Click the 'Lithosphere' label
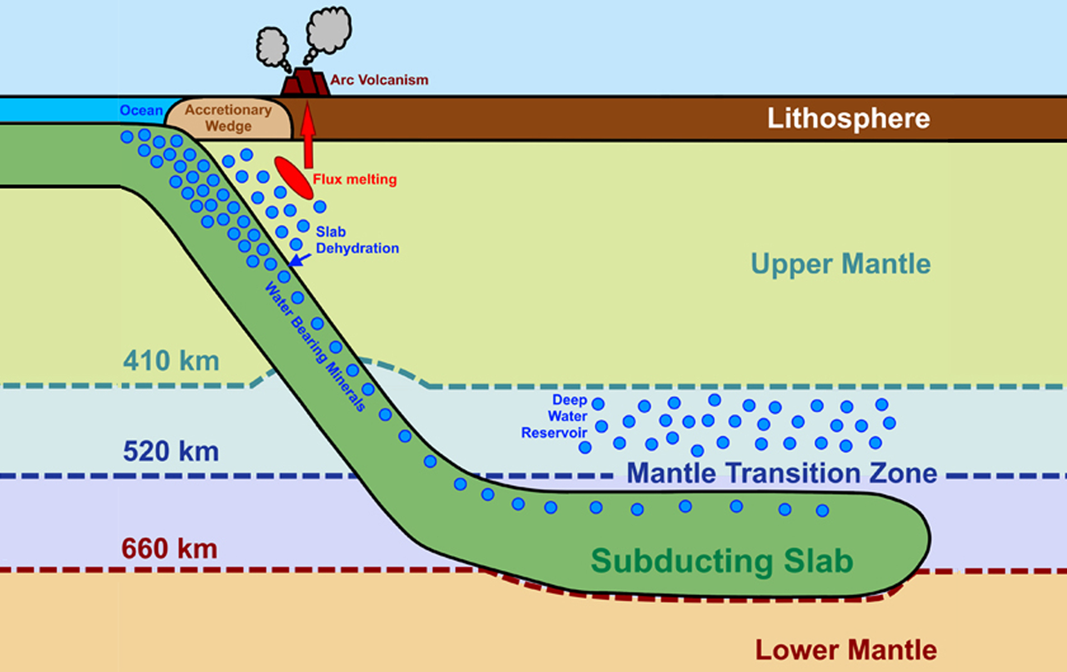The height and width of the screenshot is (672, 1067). [x=848, y=118]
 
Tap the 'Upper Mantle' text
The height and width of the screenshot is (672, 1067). [x=840, y=264]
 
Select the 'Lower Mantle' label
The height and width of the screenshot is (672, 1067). [x=845, y=650]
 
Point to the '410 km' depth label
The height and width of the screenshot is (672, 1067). [x=171, y=361]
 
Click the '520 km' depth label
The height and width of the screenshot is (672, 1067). [x=171, y=451]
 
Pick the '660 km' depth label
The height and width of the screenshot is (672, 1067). [x=169, y=549]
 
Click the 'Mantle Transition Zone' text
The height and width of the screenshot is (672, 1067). [x=781, y=474]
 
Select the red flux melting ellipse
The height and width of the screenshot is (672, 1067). [x=293, y=177]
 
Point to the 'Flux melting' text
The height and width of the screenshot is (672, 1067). [x=355, y=180]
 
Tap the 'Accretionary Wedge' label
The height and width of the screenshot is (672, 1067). [x=228, y=118]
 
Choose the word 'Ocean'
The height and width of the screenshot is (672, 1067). [x=141, y=111]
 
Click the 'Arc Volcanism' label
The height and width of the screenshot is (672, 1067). [x=379, y=80]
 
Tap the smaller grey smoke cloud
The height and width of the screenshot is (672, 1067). [x=272, y=47]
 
